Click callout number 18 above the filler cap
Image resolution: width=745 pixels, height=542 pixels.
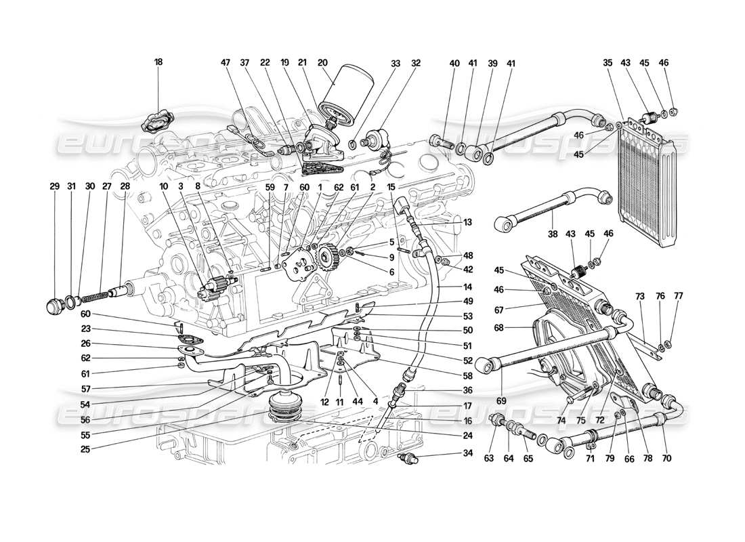point(158,62)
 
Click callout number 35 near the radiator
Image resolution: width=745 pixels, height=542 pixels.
point(607,62)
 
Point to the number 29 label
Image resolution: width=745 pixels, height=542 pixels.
point(54,186)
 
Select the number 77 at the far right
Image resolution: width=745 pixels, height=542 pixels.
point(678,295)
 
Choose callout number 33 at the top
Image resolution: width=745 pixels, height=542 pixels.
point(395,62)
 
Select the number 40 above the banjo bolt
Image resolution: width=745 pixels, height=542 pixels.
point(454,63)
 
